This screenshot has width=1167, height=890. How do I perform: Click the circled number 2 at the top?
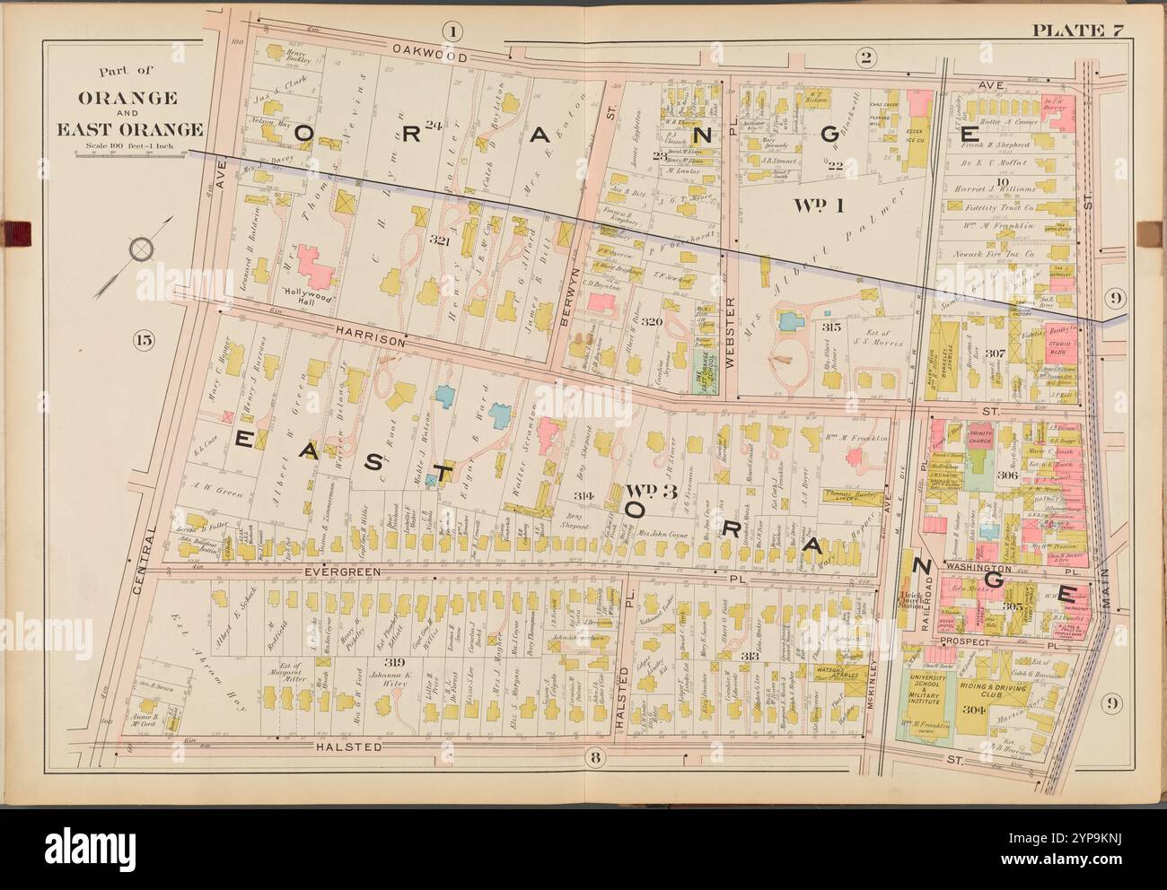tap(865, 58)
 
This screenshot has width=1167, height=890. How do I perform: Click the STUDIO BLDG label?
tap(1061, 344)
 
